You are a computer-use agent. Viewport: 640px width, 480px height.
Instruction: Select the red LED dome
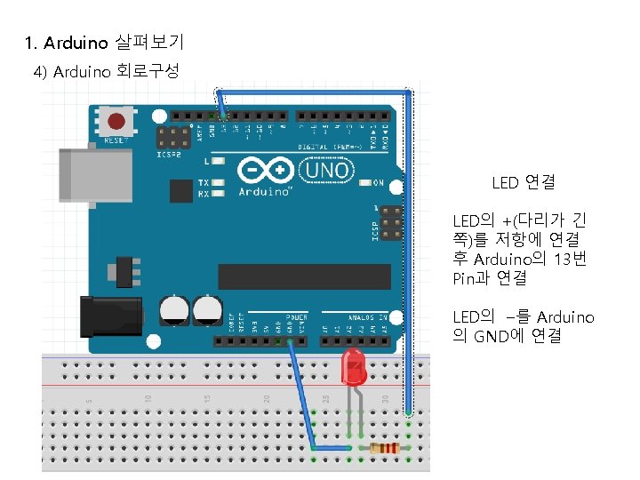click(353, 364)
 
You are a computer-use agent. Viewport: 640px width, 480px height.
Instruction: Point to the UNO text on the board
click(327, 169)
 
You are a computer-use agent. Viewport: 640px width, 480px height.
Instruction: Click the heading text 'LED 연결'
click(524, 182)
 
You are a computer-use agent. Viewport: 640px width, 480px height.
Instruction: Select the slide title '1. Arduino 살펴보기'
click(105, 43)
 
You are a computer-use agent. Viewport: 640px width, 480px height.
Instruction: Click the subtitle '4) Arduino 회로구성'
click(107, 72)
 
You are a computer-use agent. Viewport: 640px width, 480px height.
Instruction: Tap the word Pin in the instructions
click(465, 278)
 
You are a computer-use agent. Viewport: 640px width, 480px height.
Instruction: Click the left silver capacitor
click(175, 310)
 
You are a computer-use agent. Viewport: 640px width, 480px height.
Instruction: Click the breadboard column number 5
click(89, 400)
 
